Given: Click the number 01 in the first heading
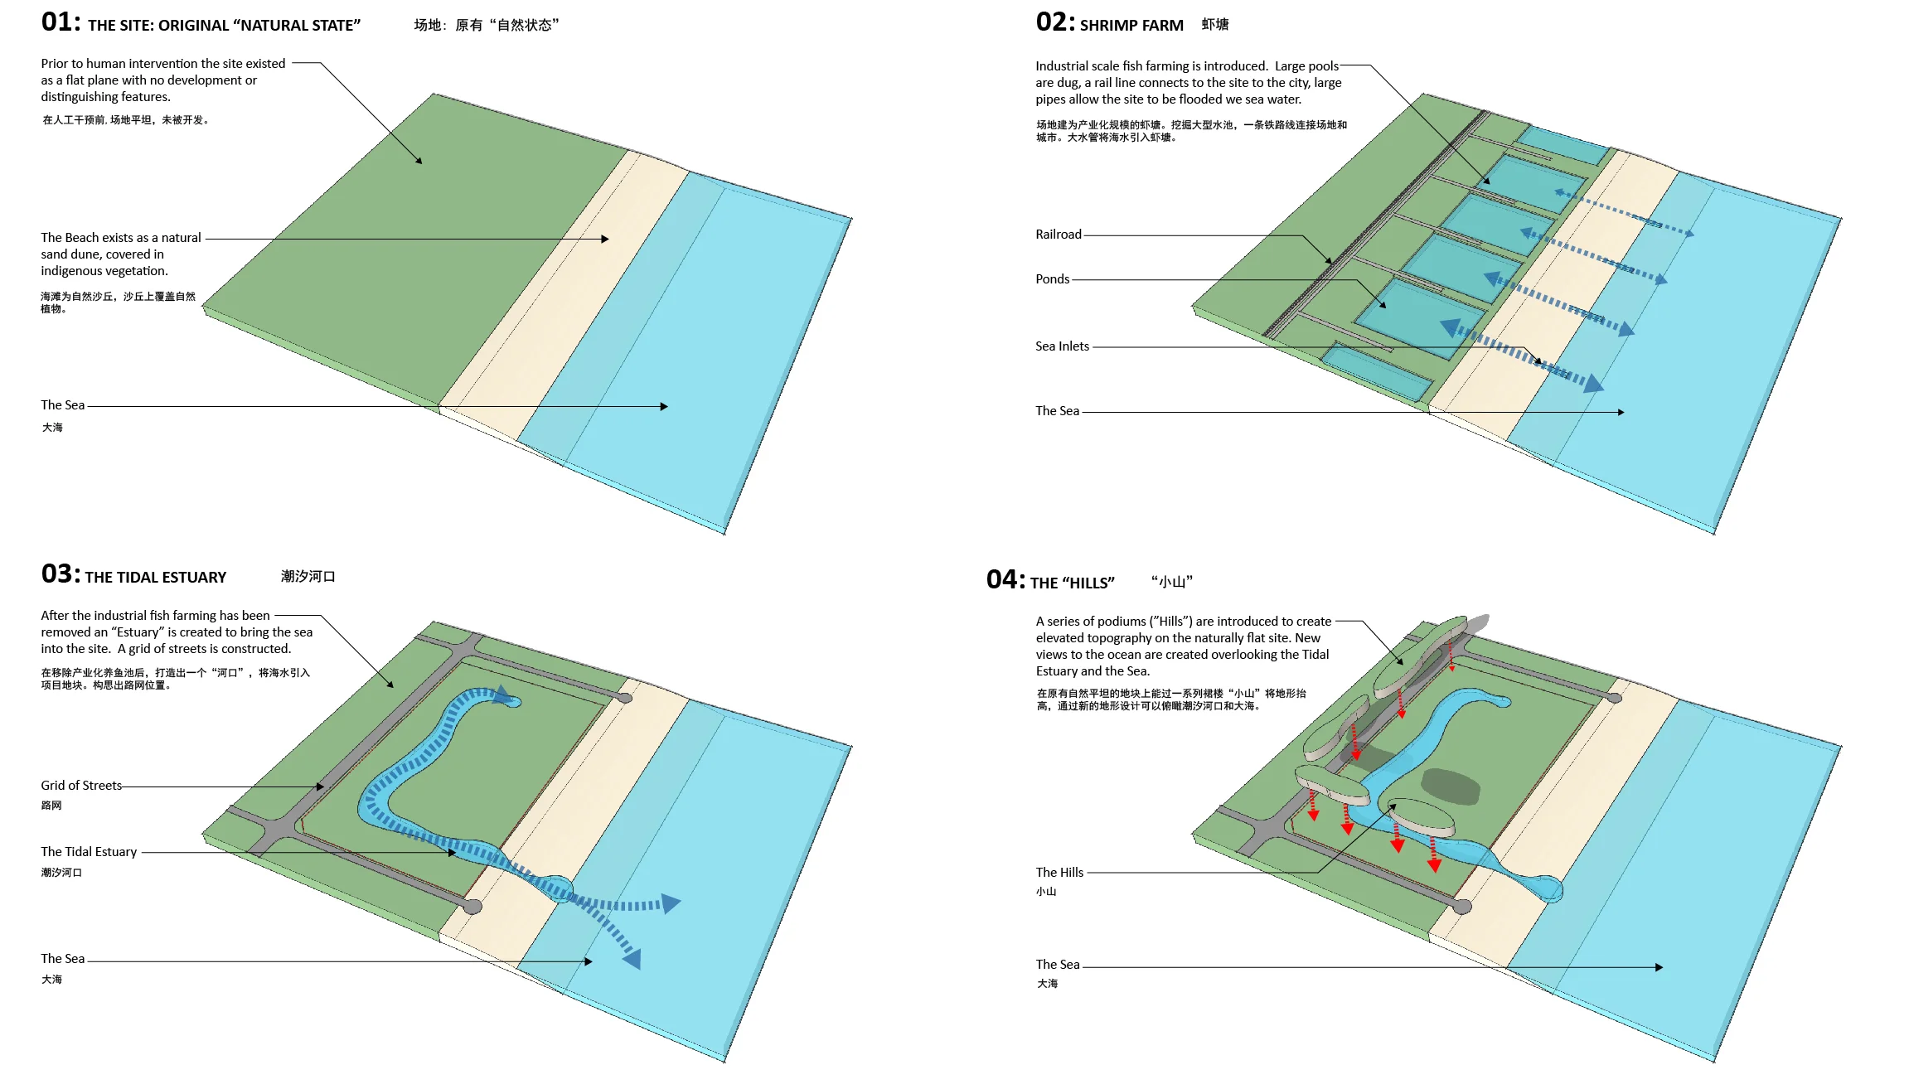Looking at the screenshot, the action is pyautogui.click(x=61, y=22).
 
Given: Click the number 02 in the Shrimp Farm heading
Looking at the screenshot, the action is pyautogui.click(x=1055, y=22).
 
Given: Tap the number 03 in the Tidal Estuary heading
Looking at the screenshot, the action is pyautogui.click(x=61, y=574).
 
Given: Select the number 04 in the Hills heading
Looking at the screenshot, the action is pyautogui.click(x=1005, y=580).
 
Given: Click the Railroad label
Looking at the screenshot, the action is pyautogui.click(x=1058, y=235).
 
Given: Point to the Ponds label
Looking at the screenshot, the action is pyautogui.click(x=1052, y=279).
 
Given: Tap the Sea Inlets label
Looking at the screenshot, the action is pyautogui.click(x=1062, y=346).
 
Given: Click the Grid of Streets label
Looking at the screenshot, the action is pyautogui.click(x=81, y=786).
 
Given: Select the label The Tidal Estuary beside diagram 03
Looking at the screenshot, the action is pyautogui.click(x=89, y=852).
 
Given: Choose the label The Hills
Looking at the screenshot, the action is pyautogui.click(x=1059, y=873).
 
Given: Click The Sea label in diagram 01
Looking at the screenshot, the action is pyautogui.click(x=63, y=405).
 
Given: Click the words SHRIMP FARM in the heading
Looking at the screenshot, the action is pyautogui.click(x=1131, y=26).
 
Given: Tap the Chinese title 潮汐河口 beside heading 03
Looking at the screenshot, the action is pyautogui.click(x=308, y=577).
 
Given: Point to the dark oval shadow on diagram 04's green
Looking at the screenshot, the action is pyautogui.click(x=1451, y=786).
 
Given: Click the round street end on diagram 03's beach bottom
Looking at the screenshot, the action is pyautogui.click(x=472, y=907).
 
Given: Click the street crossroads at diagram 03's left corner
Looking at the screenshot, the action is pyautogui.click(x=279, y=828).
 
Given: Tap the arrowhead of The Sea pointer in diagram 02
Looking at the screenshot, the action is pyautogui.click(x=1621, y=412).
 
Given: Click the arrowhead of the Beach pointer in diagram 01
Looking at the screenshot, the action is pyautogui.click(x=605, y=239).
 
